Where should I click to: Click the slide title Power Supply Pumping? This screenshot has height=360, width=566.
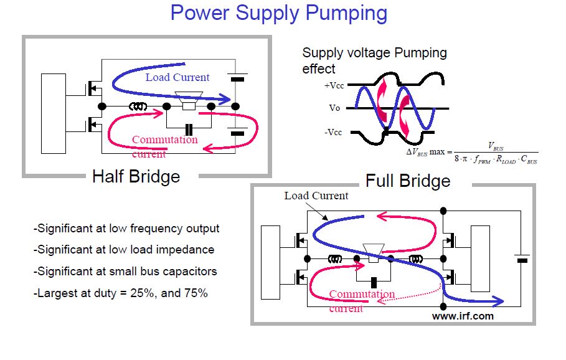pos(278,13)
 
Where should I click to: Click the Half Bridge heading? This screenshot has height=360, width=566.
pos(136,176)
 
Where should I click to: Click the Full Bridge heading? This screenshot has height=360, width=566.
pos(407,181)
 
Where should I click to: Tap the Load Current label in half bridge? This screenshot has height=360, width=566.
pos(177,77)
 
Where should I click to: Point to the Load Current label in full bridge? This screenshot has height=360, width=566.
pos(316,196)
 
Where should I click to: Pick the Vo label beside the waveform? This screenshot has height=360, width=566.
pos(334,108)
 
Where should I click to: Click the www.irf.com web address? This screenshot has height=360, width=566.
pos(463,316)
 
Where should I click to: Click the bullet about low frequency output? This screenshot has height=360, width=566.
pos(126,229)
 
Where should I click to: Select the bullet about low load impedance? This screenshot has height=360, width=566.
pos(123,250)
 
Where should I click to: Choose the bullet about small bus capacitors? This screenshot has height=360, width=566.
pos(125,272)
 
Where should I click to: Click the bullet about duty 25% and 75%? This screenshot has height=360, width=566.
pos(120,293)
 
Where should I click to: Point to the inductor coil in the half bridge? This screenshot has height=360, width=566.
pos(138,107)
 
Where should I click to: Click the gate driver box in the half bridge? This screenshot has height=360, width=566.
pos(53,113)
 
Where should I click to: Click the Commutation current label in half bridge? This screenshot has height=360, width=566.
pos(164,146)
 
